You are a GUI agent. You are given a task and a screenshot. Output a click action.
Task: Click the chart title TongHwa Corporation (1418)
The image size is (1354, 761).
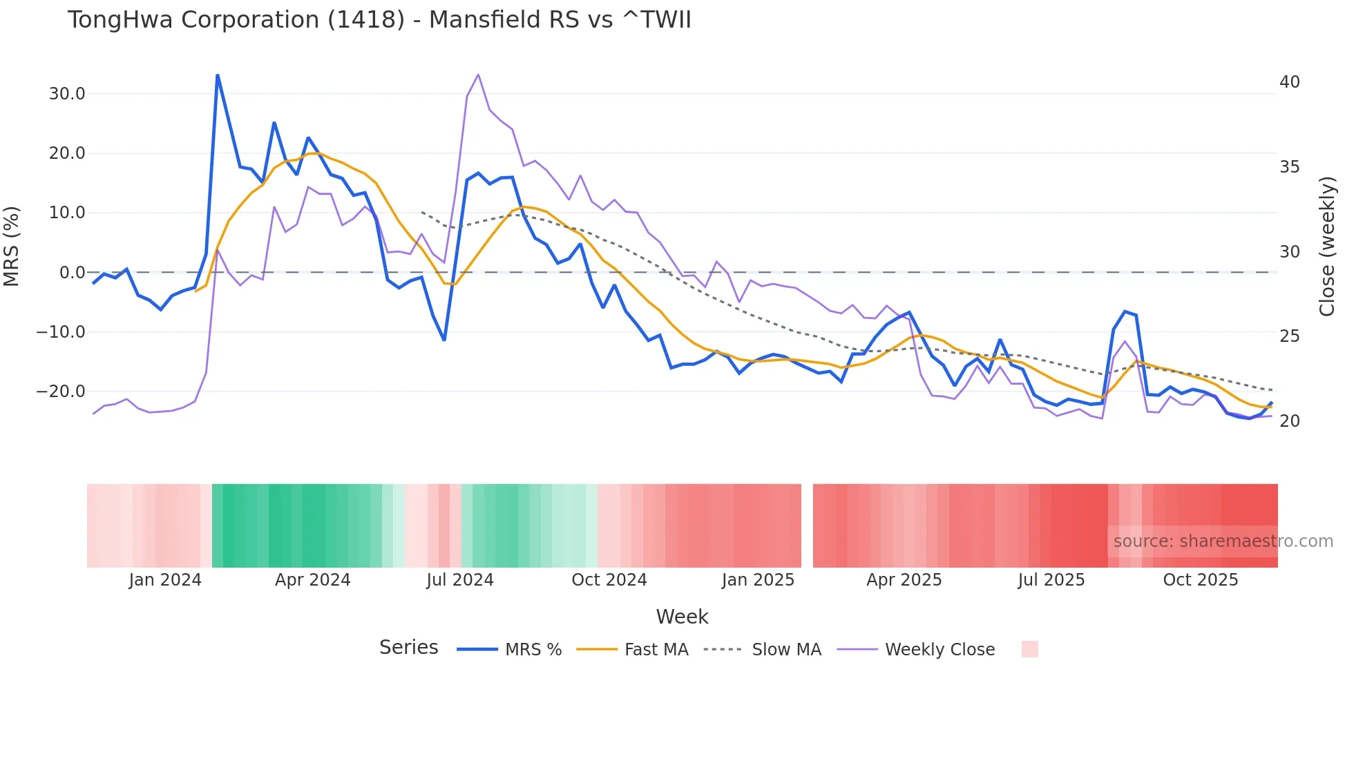click(x=379, y=20)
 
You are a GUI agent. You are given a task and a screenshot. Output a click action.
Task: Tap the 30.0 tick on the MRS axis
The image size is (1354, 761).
click(x=67, y=94)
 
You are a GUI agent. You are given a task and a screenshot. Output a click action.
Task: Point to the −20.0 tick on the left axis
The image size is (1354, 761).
click(x=61, y=392)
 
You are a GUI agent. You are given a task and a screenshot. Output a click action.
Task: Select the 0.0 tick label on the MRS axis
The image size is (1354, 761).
click(x=73, y=273)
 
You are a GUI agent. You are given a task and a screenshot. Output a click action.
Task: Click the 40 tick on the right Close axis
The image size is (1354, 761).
click(x=1289, y=82)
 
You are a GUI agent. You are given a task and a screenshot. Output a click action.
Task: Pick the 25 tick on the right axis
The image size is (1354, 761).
click(x=1289, y=336)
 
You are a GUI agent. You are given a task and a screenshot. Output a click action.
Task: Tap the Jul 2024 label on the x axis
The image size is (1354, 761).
click(x=459, y=580)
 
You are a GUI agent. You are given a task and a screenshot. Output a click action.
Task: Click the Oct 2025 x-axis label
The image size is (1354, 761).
click(x=1200, y=580)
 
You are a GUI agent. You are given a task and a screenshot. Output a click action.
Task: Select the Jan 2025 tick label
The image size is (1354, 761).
click(x=758, y=580)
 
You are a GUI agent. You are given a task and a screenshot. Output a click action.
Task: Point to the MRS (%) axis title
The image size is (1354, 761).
click(x=12, y=247)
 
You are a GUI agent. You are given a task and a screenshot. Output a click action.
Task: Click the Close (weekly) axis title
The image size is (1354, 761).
click(x=1326, y=247)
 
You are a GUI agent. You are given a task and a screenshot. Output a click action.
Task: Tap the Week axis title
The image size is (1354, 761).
click(x=682, y=617)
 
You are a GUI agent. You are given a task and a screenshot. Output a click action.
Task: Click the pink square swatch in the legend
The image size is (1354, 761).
click(x=1029, y=650)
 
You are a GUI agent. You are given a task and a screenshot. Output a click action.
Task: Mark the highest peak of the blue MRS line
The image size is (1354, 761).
click(x=218, y=75)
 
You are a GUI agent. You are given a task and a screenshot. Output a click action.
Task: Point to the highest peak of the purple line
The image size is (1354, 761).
click(x=478, y=75)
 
